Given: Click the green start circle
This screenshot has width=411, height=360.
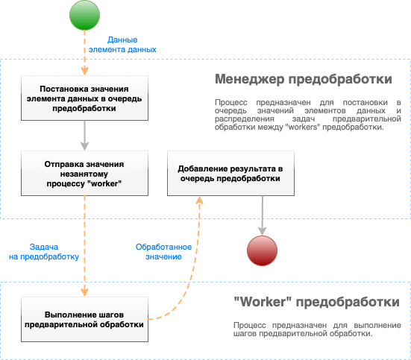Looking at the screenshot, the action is pyautogui.click(x=84, y=15).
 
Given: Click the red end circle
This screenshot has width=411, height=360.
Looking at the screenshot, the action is pyautogui.click(x=262, y=250).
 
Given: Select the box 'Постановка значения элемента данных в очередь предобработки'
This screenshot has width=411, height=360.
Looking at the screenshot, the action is pyautogui.click(x=84, y=98).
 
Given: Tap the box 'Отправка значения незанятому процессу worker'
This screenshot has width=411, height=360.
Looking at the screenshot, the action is pyautogui.click(x=84, y=174).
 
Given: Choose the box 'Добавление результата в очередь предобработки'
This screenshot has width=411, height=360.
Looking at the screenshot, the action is pyautogui.click(x=230, y=174).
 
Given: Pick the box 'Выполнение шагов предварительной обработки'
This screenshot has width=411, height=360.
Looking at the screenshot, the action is pyautogui.click(x=84, y=320).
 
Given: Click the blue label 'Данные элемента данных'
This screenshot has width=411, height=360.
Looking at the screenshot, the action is pyautogui.click(x=122, y=45).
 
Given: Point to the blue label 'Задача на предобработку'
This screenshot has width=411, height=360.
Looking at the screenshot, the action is pyautogui.click(x=44, y=252).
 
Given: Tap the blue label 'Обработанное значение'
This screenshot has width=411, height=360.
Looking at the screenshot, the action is pyautogui.click(x=163, y=252).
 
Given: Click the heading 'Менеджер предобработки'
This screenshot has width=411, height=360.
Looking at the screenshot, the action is pyautogui.click(x=304, y=79).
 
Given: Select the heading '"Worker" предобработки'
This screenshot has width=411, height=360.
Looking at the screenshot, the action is pyautogui.click(x=316, y=302).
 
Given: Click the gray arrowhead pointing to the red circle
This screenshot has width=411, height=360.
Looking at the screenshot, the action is pyautogui.click(x=262, y=231).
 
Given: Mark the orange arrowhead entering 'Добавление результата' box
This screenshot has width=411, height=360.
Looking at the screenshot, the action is pyautogui.click(x=200, y=200).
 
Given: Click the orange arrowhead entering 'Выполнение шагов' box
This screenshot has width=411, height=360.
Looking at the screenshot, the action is pyautogui.click(x=84, y=292).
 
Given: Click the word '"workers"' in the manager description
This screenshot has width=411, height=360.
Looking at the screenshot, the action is pyautogui.click(x=303, y=127).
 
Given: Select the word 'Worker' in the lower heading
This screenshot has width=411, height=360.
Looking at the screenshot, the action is pyautogui.click(x=263, y=302).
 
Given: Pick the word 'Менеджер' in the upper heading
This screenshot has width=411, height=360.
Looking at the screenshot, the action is pyautogui.click(x=250, y=80).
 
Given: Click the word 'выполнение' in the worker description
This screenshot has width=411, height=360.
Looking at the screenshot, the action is pyautogui.click(x=377, y=326).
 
